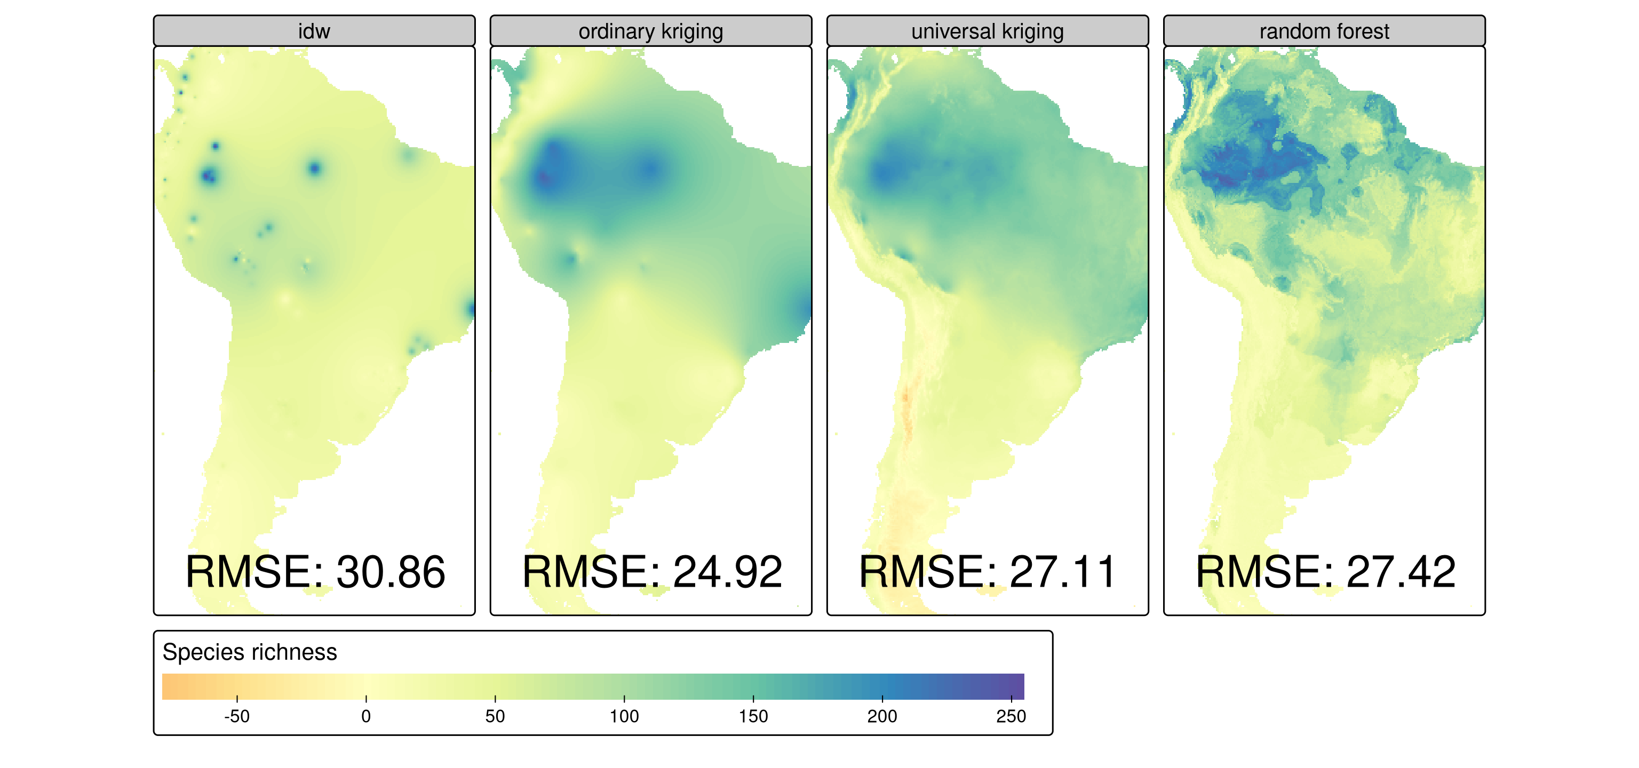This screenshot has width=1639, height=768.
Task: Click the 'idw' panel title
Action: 314,31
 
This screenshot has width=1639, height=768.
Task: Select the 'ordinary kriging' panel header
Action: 650,31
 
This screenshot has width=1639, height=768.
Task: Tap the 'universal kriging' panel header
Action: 987,31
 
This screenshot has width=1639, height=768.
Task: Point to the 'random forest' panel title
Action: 1324,31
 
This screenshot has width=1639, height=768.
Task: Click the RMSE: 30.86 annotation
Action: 315,572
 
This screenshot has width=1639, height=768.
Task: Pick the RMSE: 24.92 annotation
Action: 651,572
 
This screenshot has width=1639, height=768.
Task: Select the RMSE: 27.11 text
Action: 988,572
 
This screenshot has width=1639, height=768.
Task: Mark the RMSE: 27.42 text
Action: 1325,572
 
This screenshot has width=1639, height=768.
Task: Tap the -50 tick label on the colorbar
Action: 237,716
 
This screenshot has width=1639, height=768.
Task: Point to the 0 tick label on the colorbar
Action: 366,716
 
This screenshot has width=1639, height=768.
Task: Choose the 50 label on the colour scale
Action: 495,716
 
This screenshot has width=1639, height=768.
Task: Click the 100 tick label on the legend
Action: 624,716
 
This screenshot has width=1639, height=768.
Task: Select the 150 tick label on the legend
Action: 753,716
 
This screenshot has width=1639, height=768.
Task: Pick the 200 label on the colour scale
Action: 882,716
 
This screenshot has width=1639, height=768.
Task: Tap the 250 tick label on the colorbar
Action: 1011,716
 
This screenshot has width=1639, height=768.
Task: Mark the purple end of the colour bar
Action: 1017,686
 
